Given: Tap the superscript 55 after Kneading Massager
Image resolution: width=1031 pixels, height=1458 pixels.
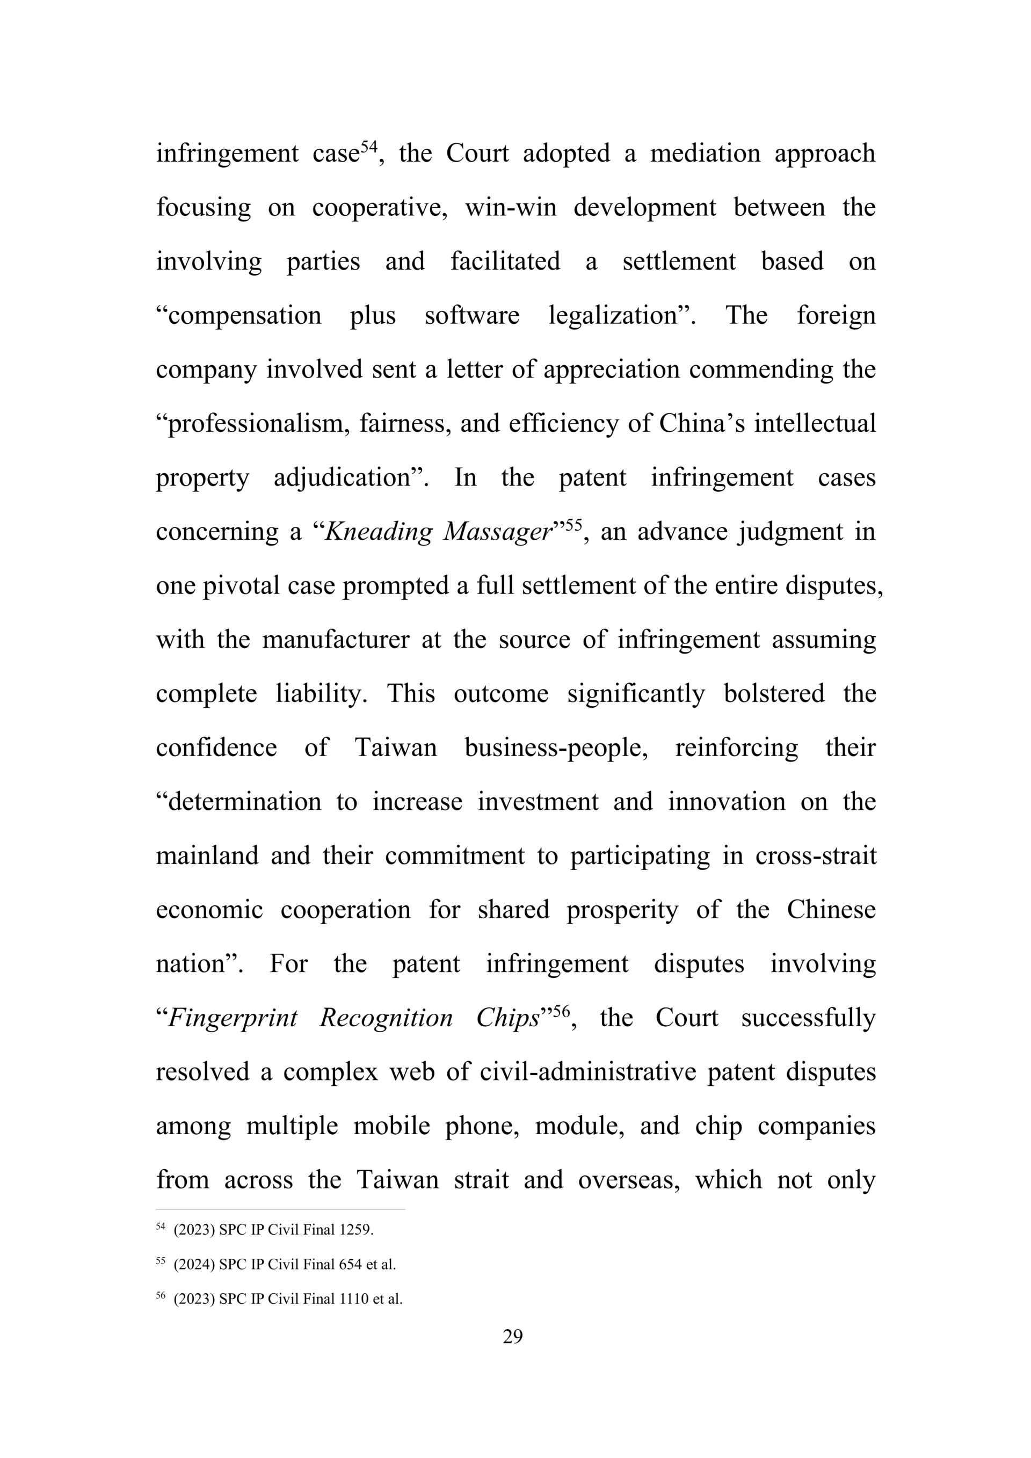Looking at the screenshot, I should [573, 526].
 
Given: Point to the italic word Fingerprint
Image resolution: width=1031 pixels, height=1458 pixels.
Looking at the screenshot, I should [233, 1018].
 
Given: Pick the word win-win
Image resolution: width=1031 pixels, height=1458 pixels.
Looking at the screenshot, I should [511, 208].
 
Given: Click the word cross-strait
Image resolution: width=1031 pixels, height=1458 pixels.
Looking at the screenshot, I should [816, 856].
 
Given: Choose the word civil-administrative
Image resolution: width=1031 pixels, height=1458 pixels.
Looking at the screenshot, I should [589, 1072].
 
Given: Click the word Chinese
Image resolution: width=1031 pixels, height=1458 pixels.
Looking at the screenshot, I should [831, 910].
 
